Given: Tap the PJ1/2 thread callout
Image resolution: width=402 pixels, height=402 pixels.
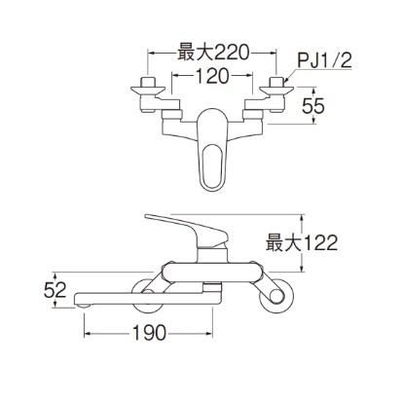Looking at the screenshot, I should pos(320,62).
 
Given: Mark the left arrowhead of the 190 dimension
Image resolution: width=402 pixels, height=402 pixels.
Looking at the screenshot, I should pos(91,333).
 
